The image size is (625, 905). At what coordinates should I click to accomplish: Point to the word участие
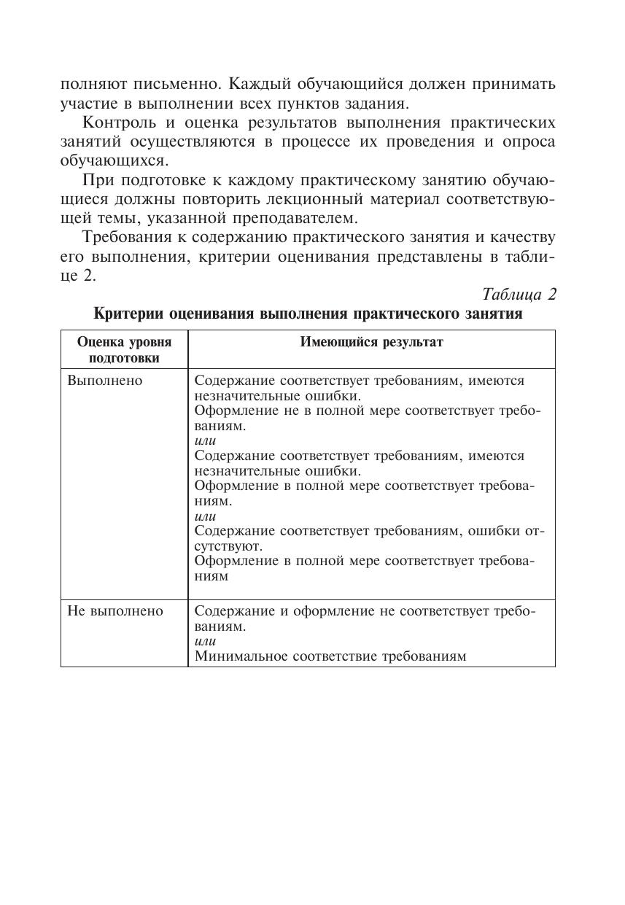pyautogui.click(x=88, y=104)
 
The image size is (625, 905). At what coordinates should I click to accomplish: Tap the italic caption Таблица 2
pyautogui.click(x=519, y=295)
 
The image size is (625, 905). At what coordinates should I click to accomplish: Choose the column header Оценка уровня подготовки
pyautogui.click(x=124, y=349)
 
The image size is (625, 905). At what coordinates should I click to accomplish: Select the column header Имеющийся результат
pyautogui.click(x=371, y=342)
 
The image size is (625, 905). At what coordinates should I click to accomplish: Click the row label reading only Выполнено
pyautogui.click(x=105, y=381)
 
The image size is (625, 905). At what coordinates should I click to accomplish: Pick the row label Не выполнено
pyautogui.click(x=115, y=611)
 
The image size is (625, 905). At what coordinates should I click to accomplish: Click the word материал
pyautogui.click(x=410, y=198)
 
